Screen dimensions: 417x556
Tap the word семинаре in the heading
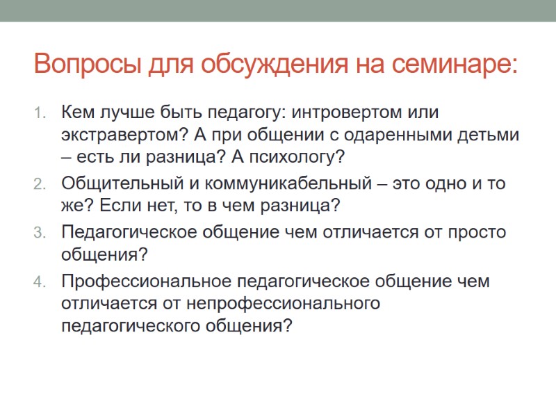pyautogui.click(x=456, y=65)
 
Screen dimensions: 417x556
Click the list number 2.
pyautogui.click(x=40, y=185)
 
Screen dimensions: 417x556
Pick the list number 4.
pyautogui.click(x=40, y=281)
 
